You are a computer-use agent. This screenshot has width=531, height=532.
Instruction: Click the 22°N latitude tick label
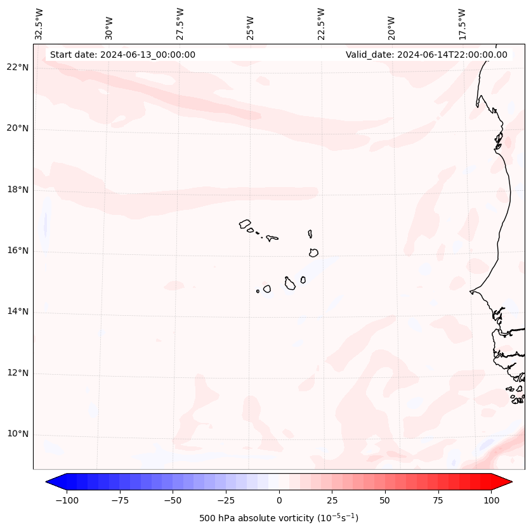pos(18,68)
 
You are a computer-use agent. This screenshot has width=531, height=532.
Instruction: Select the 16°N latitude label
pos(18,251)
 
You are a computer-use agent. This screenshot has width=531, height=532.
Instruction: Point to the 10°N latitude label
pos(18,434)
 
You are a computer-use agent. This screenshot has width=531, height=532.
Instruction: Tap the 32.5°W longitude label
pos(39,23)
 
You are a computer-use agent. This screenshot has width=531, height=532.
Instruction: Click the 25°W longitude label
pos(251,23)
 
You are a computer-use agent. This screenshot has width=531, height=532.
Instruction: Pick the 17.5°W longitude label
pos(462,23)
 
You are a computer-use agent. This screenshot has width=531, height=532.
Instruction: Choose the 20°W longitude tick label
pos(391,23)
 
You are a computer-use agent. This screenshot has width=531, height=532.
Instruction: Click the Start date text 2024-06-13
pos(122,55)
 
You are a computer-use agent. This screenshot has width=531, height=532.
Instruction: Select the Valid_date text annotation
pos(426,55)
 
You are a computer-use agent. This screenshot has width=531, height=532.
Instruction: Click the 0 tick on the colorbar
pos(279,501)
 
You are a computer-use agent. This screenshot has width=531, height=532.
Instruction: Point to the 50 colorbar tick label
pos(385,501)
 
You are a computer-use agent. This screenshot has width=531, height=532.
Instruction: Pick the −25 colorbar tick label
pos(226,501)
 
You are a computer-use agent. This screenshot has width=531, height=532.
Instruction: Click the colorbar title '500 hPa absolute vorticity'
pos(279,519)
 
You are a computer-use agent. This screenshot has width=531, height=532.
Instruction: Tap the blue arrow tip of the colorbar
pos(49,482)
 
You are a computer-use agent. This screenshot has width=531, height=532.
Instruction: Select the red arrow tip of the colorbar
pos(509,482)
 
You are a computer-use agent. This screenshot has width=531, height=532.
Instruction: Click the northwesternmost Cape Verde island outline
pos(245,224)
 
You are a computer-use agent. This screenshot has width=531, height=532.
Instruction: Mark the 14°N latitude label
pos(18,312)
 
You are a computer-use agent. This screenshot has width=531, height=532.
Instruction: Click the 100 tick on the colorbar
pos(490,501)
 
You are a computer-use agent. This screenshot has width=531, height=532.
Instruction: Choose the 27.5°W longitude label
pos(180,23)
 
